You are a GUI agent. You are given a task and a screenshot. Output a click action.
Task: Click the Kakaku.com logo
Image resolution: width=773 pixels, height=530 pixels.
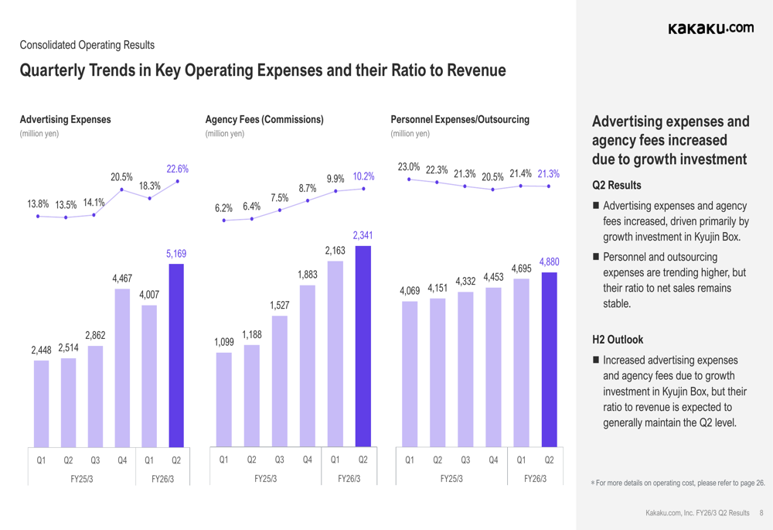710,29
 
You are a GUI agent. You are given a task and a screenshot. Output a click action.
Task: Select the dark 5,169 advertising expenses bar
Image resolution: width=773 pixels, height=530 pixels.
176,355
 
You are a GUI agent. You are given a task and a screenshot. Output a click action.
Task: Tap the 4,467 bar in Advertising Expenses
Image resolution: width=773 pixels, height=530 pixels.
122,368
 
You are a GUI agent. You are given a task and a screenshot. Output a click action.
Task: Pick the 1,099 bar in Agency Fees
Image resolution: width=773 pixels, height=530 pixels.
223,399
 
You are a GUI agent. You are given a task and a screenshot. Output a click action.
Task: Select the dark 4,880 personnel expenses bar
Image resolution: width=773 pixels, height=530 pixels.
549,360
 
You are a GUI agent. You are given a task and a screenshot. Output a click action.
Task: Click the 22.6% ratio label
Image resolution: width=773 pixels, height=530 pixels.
178,169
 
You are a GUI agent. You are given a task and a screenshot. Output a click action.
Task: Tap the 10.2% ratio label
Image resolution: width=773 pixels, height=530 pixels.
363,176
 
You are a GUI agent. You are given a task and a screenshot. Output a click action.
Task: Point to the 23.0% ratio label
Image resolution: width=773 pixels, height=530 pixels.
408,166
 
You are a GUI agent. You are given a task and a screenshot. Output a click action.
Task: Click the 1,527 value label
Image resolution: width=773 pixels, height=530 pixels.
280,306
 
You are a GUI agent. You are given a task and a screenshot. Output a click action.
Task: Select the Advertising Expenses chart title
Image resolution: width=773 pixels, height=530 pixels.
65,120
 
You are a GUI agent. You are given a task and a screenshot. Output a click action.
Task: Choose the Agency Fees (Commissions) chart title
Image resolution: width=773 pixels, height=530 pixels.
264,120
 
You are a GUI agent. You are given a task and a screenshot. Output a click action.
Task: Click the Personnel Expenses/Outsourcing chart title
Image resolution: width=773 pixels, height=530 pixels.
461,120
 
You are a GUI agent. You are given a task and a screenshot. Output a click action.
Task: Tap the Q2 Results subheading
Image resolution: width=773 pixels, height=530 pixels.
616,186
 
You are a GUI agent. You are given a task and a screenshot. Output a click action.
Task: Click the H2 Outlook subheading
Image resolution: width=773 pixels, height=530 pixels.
618,339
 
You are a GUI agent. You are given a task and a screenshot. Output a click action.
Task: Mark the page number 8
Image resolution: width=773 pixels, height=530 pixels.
761,512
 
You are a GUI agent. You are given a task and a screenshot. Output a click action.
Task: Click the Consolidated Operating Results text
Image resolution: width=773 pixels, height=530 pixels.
87,45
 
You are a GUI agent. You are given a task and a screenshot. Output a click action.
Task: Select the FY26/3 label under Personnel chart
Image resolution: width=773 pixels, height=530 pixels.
536,478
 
